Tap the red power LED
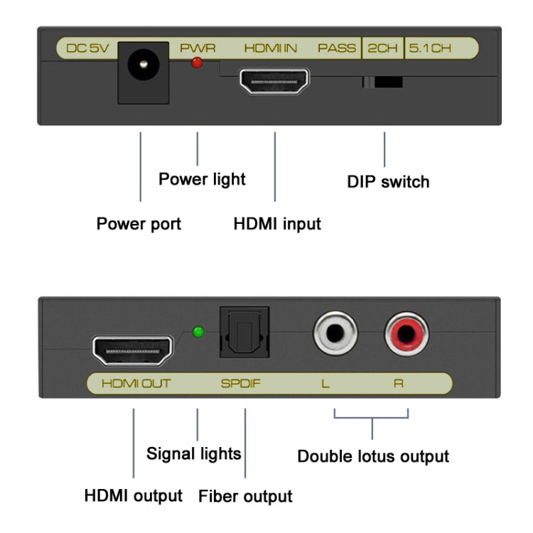click(197, 63)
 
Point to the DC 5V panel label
click(87, 49)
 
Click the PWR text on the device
click(197, 49)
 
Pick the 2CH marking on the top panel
click(382, 49)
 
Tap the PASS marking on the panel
click(337, 49)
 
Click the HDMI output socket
click(133, 350)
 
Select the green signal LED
click(199, 332)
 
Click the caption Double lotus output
click(373, 456)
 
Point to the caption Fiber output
click(245, 496)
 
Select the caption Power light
click(202, 179)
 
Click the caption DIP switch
click(388, 182)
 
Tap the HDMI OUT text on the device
click(136, 384)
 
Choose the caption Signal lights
click(193, 453)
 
